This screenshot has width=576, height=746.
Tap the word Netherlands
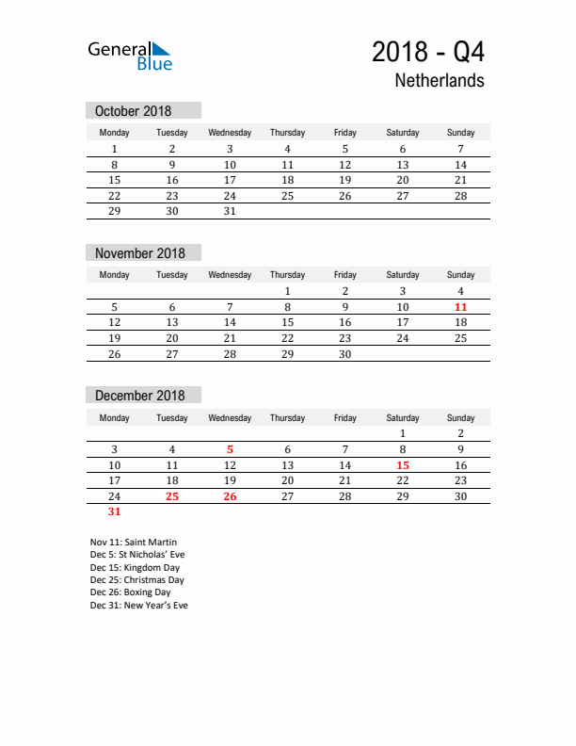tap(440, 80)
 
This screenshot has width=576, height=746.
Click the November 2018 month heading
tap(140, 253)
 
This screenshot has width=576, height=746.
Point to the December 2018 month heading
tap(140, 396)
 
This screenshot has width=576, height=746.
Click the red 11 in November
tap(460, 307)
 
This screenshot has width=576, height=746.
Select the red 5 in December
tap(230, 449)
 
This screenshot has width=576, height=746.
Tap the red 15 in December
tap(403, 465)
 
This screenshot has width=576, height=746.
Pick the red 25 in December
tap(172, 496)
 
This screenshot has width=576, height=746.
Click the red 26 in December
tap(230, 496)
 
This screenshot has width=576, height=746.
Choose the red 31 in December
tap(115, 512)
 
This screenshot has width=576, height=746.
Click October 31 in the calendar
tap(230, 212)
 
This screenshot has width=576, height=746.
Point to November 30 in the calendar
tap(345, 354)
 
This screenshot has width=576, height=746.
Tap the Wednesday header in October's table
tap(230, 133)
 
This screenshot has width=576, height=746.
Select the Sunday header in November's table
tap(460, 275)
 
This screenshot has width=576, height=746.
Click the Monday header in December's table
tap(115, 417)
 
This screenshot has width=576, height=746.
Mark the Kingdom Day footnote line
tap(135, 568)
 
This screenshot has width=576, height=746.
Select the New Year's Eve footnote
tap(139, 606)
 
